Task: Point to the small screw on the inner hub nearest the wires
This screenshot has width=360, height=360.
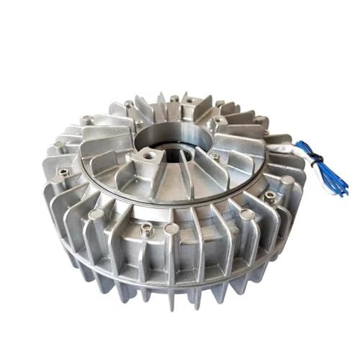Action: pyautogui.click(x=214, y=156)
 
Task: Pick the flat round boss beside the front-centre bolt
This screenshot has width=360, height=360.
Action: pyautogui.click(x=171, y=228)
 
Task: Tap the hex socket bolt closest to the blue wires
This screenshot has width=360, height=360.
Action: pyautogui.click(x=270, y=195)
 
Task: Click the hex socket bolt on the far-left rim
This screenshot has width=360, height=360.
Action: pyautogui.click(x=63, y=172)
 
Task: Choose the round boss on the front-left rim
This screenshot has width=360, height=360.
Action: pyautogui.click(x=95, y=214)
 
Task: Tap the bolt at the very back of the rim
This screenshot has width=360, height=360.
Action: pyautogui.click(x=174, y=98)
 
